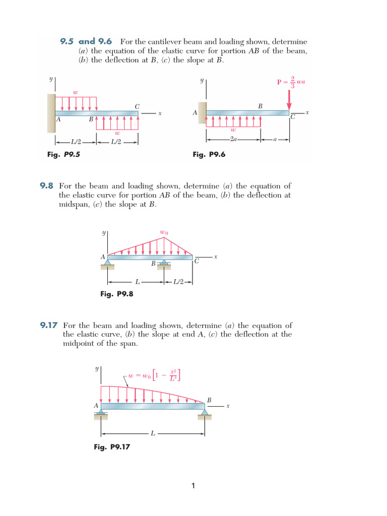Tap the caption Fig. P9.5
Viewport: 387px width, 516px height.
(63, 155)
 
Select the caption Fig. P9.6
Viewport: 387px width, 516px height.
(209, 155)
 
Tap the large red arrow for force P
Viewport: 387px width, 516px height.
(289, 100)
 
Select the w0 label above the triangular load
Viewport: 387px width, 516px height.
(164, 232)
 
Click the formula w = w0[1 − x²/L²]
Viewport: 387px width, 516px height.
(154, 375)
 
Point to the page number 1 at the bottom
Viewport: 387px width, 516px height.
(193, 486)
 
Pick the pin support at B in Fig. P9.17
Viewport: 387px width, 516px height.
(205, 414)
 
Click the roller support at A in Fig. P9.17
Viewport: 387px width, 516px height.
(101, 414)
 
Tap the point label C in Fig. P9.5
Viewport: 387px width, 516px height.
(137, 106)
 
